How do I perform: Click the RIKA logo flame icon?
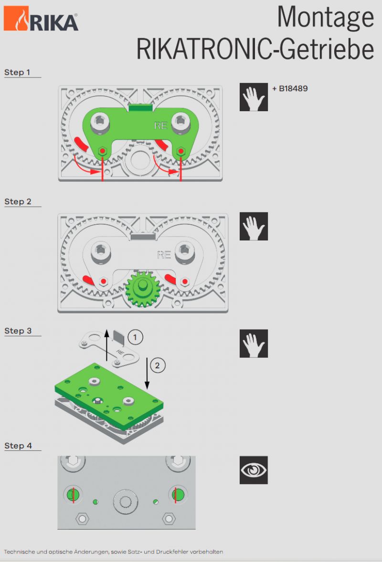(x=16, y=18)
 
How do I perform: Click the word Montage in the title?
(x=326, y=17)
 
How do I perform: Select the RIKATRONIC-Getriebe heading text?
(x=255, y=49)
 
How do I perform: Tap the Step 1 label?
(x=17, y=73)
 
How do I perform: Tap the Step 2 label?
(x=18, y=202)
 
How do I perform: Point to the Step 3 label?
(x=18, y=331)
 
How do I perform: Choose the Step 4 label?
(x=18, y=446)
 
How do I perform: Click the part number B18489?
(x=293, y=89)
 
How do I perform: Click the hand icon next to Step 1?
(x=254, y=97)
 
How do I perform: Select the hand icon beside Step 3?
(x=254, y=343)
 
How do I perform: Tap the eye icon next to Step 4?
(x=254, y=470)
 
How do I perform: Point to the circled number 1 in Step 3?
(x=135, y=337)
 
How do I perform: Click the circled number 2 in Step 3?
(x=157, y=365)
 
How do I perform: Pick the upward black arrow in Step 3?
(x=106, y=345)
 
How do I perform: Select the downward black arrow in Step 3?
(x=147, y=373)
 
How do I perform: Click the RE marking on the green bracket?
(x=160, y=125)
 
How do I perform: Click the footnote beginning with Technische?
(x=113, y=552)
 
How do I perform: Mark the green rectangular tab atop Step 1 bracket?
(x=141, y=107)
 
